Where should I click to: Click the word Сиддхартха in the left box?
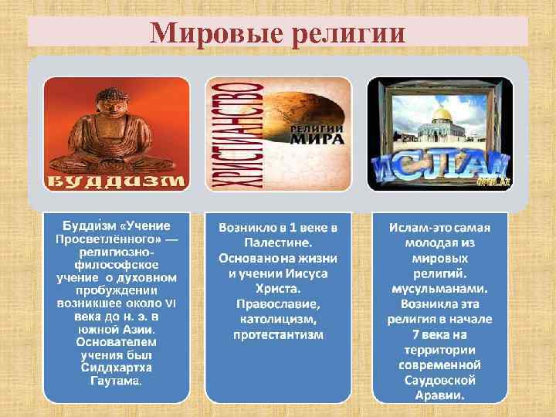pyautogui.click(x=116, y=367)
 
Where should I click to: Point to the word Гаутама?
pyautogui.click(x=116, y=381)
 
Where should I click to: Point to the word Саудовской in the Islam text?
pyautogui.click(x=439, y=381)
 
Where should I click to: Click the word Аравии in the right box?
pyautogui.click(x=439, y=396)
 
